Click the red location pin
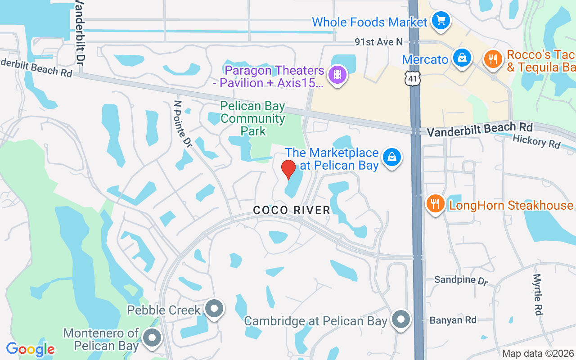point(288,169)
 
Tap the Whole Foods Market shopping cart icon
point(441,20)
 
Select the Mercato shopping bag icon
point(462,58)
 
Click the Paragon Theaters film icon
point(337,74)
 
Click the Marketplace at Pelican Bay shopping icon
point(392,157)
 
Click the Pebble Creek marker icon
point(214,309)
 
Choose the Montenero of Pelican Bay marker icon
point(152,337)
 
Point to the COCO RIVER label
point(292,210)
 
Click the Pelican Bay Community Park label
point(253,119)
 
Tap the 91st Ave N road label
point(378,42)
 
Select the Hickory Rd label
point(536,142)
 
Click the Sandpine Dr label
point(461,280)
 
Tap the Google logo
point(30,349)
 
